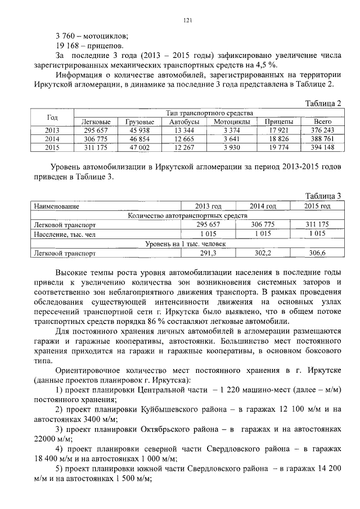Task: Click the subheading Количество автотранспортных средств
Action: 188,215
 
